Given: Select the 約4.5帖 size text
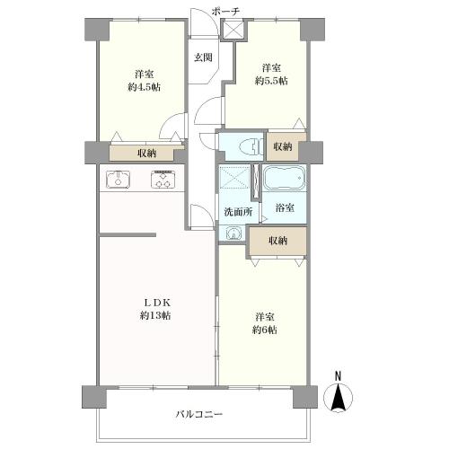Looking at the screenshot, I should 144,87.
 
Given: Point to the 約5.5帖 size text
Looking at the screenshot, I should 270,81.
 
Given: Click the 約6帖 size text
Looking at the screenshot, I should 265,330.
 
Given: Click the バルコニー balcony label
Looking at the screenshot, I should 199,414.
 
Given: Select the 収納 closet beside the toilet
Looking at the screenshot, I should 282,146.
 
